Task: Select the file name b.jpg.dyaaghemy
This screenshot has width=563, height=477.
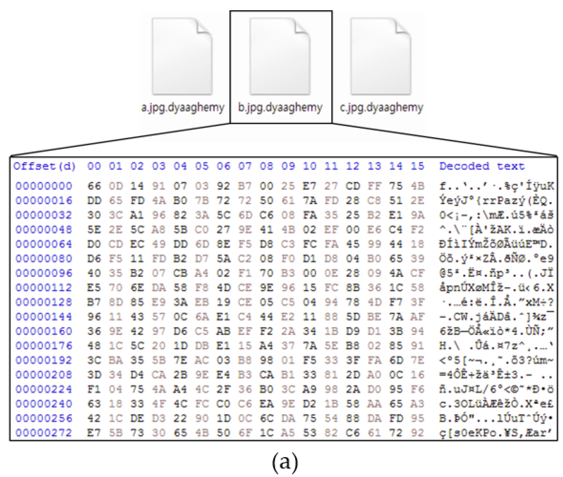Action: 280,108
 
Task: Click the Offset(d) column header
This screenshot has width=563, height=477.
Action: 45,166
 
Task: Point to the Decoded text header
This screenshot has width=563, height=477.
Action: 482,166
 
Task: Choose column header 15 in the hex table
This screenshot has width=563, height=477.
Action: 418,166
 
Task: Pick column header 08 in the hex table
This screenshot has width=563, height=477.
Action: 266,166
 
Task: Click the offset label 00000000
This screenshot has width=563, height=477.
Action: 44,186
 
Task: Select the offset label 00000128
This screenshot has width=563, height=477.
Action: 44,302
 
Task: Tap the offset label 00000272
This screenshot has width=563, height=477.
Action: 44,433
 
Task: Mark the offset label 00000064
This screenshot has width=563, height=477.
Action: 44,244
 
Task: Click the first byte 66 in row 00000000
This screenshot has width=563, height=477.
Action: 94,186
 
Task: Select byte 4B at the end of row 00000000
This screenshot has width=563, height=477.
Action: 418,186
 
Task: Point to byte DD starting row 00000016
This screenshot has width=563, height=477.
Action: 94,201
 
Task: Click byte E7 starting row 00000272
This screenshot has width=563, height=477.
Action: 94,433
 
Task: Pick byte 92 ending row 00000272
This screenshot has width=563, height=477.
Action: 418,433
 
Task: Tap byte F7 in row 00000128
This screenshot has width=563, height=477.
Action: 396,302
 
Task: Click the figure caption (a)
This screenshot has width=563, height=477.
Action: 285,462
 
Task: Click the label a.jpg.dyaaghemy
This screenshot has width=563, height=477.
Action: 183,108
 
